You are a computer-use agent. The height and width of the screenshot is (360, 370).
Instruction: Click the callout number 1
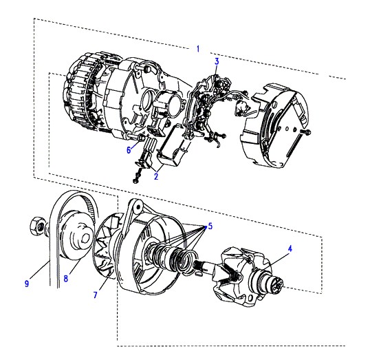coord(198,49)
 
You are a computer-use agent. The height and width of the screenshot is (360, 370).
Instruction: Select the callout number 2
coord(156,176)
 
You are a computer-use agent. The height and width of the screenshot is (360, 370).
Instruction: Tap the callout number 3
coord(217,62)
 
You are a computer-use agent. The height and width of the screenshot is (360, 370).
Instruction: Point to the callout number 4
coord(290,248)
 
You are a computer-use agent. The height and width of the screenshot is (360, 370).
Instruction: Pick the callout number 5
coord(210,226)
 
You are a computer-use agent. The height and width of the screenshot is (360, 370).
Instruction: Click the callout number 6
coord(129,150)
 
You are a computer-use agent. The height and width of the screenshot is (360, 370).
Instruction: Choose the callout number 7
coord(96,295)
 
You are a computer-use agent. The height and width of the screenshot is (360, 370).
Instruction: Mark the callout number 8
coord(66,279)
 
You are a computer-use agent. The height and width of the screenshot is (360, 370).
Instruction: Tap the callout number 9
coord(27,284)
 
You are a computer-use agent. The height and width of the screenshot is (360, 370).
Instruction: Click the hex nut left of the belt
coord(38,226)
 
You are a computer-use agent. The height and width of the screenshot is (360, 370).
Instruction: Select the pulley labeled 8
coord(76,236)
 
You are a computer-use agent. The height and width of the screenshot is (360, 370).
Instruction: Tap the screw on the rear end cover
coord(306,132)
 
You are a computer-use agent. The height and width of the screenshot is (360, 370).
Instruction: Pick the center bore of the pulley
coord(86,240)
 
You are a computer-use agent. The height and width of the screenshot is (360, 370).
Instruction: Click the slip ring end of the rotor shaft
coord(276,282)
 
